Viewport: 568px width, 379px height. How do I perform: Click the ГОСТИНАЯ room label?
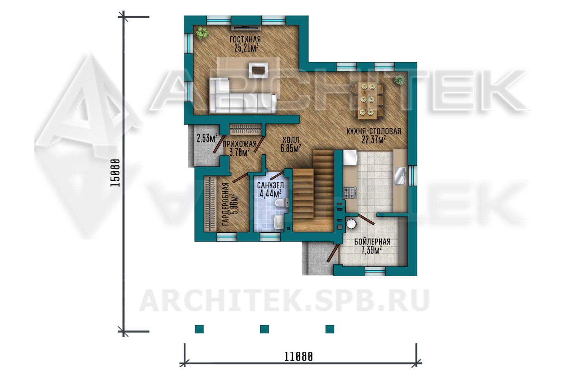point(245,39)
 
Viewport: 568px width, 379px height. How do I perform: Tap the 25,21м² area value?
point(246,48)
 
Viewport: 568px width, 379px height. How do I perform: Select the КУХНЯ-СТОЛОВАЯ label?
point(374,132)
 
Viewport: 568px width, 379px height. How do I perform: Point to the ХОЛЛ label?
point(291,140)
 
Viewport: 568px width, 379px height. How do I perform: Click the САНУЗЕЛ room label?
point(270,186)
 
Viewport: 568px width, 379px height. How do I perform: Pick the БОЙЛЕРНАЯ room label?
point(372,242)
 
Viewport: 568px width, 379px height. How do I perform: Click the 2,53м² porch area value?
point(207,138)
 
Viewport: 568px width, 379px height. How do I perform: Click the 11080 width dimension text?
point(298,357)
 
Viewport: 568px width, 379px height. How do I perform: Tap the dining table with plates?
point(367,101)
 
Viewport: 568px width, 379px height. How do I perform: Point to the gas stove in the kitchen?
point(350,193)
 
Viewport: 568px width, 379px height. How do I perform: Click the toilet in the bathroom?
point(282,204)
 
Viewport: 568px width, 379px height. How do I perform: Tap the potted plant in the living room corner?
point(202,33)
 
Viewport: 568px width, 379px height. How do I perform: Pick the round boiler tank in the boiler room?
point(351,224)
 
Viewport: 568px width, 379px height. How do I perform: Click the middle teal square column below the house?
point(264,329)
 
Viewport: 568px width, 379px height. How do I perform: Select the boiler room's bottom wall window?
point(375,271)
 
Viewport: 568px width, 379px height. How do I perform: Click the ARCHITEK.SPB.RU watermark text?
point(284,301)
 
